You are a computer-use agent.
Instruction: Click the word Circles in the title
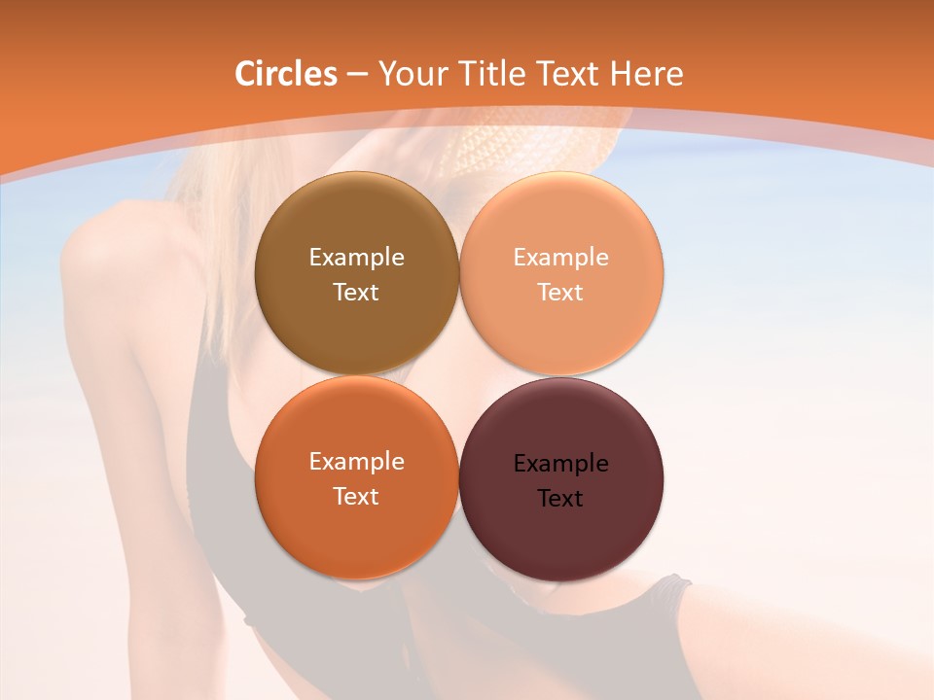(x=285, y=74)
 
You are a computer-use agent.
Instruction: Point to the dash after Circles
(x=356, y=75)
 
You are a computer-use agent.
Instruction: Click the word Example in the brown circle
(x=356, y=258)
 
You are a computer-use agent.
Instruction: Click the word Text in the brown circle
(x=356, y=293)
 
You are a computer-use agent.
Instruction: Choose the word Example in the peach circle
(x=560, y=258)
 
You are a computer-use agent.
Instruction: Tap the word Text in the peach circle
(x=560, y=293)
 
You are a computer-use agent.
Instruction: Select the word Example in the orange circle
(x=356, y=462)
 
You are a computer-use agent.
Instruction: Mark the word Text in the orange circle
(x=356, y=497)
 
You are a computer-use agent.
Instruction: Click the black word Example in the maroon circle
(x=560, y=464)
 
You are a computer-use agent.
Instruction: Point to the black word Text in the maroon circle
(x=560, y=499)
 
